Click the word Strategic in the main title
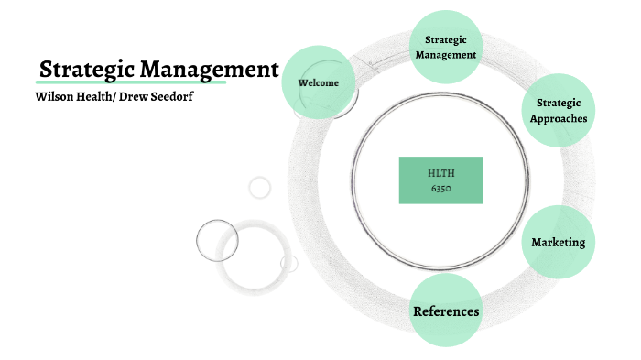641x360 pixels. pyautogui.click(x=82, y=70)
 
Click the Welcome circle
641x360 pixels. pyautogui.click(x=318, y=82)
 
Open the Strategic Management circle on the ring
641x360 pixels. pyautogui.click(x=446, y=47)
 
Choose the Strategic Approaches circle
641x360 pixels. pyautogui.click(x=558, y=111)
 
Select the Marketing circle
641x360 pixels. pyautogui.click(x=558, y=242)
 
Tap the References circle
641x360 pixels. pyautogui.click(x=446, y=311)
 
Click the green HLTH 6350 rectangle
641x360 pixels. pyautogui.click(x=440, y=180)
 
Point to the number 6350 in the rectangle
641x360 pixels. pyautogui.click(x=440, y=188)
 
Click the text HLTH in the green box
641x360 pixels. pyautogui.click(x=440, y=172)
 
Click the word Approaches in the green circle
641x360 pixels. pyautogui.click(x=558, y=118)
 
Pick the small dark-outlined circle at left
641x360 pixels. pyautogui.click(x=217, y=241)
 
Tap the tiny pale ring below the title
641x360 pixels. pyautogui.click(x=260, y=188)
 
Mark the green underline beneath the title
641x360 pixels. pyautogui.click(x=128, y=84)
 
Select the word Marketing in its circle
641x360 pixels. pyautogui.click(x=558, y=242)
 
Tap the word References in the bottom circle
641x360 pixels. pyautogui.click(x=446, y=311)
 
